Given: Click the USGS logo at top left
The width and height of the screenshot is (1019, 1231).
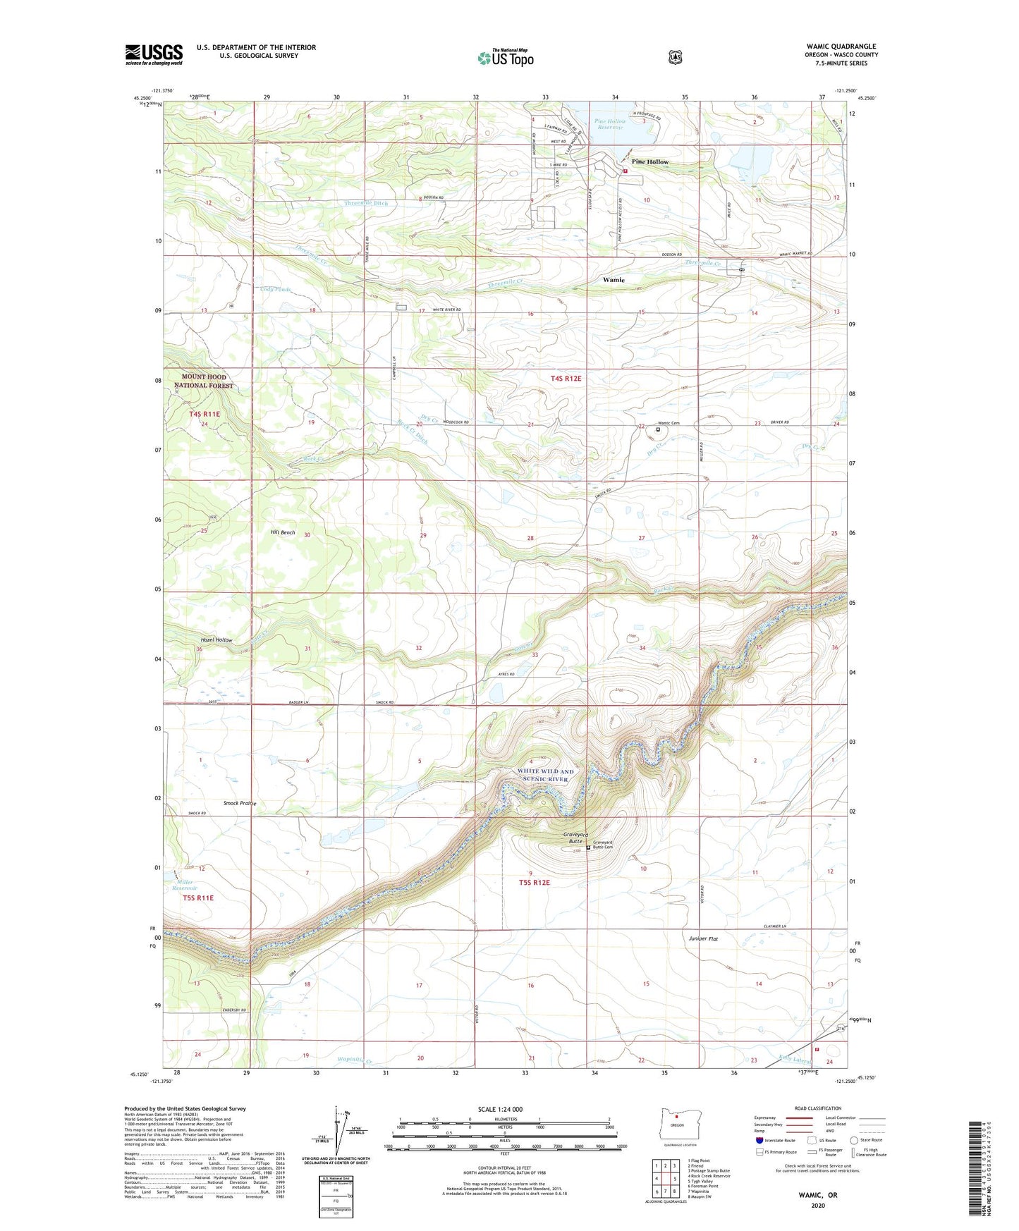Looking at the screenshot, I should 154,54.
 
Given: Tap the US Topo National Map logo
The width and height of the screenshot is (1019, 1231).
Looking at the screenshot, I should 505,57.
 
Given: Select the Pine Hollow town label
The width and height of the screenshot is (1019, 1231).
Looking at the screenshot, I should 649,162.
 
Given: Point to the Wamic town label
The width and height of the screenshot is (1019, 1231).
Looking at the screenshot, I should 613,280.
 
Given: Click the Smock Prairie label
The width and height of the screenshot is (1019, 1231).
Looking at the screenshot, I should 240,803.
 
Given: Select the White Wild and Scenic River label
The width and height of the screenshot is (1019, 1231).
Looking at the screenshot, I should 547,776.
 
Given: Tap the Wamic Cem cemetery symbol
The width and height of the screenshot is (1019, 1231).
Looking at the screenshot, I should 659,429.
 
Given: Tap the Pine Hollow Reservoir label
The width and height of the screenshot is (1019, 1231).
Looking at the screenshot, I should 610,124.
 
